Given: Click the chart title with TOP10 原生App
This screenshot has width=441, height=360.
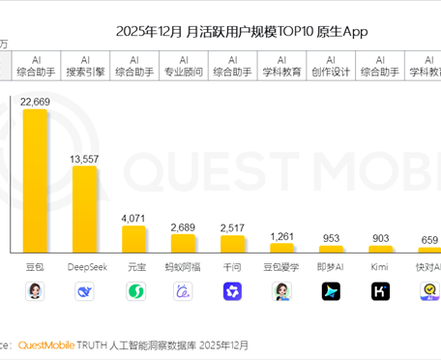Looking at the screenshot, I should [x=242, y=32].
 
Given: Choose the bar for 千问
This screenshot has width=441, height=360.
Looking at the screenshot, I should [x=232, y=244].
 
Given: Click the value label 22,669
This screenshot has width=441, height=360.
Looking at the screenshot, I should [x=36, y=102].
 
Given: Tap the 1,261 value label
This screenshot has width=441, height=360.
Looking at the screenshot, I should [x=281, y=236].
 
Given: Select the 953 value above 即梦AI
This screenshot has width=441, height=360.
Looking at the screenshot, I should [x=331, y=238].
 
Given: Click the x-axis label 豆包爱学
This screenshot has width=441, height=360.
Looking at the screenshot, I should [x=281, y=265].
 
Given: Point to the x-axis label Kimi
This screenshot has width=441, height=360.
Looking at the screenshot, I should [x=380, y=265].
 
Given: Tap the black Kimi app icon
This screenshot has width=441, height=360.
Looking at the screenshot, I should [x=380, y=290].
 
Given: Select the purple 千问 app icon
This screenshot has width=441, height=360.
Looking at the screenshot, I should [x=232, y=290].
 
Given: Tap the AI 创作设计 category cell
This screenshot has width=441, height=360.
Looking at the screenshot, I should [x=331, y=65].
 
